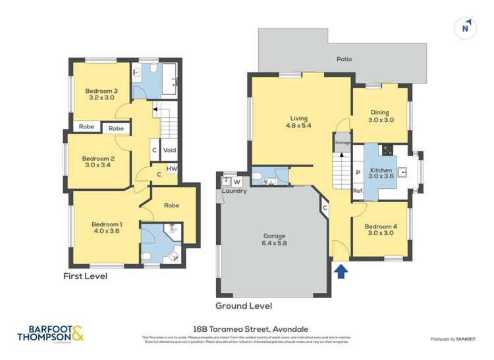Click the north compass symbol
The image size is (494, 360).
click(466, 28)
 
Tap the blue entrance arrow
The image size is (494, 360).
click(341, 271)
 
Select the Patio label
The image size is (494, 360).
click(344, 59)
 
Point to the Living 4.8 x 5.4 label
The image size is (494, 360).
click(300, 122)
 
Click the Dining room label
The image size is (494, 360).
click(380, 116)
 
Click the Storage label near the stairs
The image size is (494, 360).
click(342, 142)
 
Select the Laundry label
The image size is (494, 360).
click(234, 191)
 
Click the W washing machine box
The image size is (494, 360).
click(236, 181)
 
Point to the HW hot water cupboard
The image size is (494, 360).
click(171, 168)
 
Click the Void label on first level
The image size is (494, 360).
click(169, 150)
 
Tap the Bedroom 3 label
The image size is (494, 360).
click(101, 94)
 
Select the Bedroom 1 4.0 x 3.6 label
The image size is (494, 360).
click(106, 228)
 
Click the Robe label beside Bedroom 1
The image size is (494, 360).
click(171, 205)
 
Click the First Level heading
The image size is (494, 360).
click(85, 276)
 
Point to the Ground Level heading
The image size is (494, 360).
click(243, 306)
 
